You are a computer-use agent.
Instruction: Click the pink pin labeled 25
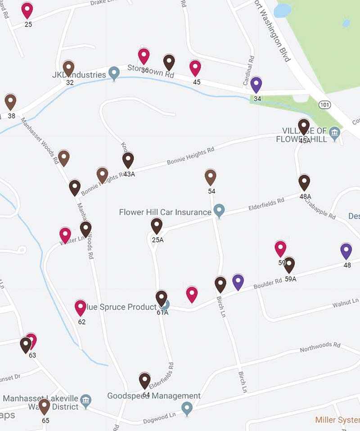[x=27, y=10]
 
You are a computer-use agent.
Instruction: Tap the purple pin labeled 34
[x=256, y=84]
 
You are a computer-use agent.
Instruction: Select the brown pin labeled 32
[x=68, y=68]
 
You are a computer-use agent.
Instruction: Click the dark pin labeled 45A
[x=304, y=127]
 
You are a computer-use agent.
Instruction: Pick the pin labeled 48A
[x=304, y=182]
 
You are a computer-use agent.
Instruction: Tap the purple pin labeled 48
[x=346, y=251]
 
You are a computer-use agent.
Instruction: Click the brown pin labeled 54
[x=210, y=177]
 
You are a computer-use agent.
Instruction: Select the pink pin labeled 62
[x=80, y=308]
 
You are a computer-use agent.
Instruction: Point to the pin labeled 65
[x=44, y=406]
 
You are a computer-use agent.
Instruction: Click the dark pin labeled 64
[x=144, y=381]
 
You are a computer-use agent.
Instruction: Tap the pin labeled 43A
[x=128, y=160]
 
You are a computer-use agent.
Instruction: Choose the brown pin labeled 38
[x=10, y=102]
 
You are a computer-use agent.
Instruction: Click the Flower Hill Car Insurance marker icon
[x=219, y=210]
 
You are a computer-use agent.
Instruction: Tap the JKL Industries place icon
[x=114, y=73]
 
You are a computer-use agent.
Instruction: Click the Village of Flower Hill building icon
[x=334, y=132]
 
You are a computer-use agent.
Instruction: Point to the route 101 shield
[x=324, y=104]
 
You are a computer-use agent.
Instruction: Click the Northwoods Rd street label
[x=320, y=346]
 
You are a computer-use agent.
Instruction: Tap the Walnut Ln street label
[x=345, y=302]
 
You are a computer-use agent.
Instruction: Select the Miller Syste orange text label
[x=337, y=420]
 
